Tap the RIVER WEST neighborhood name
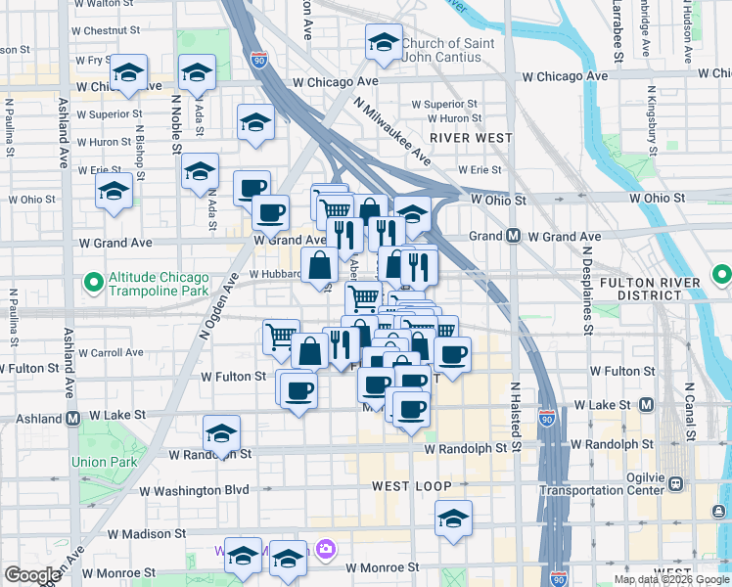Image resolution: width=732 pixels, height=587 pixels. (477, 138)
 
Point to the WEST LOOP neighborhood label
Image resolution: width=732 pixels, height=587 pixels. (411, 486)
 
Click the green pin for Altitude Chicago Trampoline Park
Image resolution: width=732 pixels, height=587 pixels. (94, 284)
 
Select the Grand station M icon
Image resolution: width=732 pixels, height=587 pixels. (512, 236)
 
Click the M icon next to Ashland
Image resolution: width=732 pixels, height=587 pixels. (73, 418)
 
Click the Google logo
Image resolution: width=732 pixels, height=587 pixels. (32, 575)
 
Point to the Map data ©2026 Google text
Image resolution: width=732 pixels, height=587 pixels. (671, 579)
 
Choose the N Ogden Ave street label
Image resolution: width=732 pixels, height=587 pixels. (219, 306)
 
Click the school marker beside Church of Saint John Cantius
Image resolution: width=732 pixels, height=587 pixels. (384, 43)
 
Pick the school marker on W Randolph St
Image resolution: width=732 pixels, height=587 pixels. (222, 432)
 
